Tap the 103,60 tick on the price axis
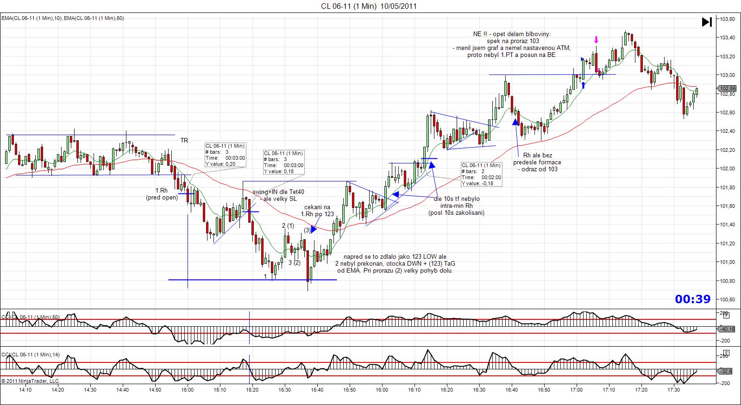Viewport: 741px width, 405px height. click(726, 19)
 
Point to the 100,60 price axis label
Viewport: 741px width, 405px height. click(726, 299)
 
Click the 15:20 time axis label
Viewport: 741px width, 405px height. click(252, 390)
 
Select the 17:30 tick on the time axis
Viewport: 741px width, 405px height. click(673, 390)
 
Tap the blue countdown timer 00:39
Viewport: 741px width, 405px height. click(692, 299)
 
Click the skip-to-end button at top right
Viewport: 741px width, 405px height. click(707, 22)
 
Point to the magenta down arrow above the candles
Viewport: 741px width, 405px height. click(597, 39)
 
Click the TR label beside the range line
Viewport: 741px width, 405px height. click(184, 140)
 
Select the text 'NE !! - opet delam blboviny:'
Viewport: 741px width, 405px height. click(512, 34)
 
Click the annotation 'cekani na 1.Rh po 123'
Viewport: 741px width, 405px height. click(317, 211)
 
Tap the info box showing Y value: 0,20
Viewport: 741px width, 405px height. click(225, 155)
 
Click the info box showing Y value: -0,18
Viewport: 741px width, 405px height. click(481, 174)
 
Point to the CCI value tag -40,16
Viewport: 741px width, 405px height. click(726, 329)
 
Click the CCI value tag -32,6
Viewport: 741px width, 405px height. click(726, 371)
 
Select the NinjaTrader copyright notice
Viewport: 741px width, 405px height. click(30, 381)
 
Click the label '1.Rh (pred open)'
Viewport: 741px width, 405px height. click(161, 194)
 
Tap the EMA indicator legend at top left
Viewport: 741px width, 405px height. click(62, 18)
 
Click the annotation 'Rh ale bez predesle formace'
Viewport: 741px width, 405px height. click(537, 159)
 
